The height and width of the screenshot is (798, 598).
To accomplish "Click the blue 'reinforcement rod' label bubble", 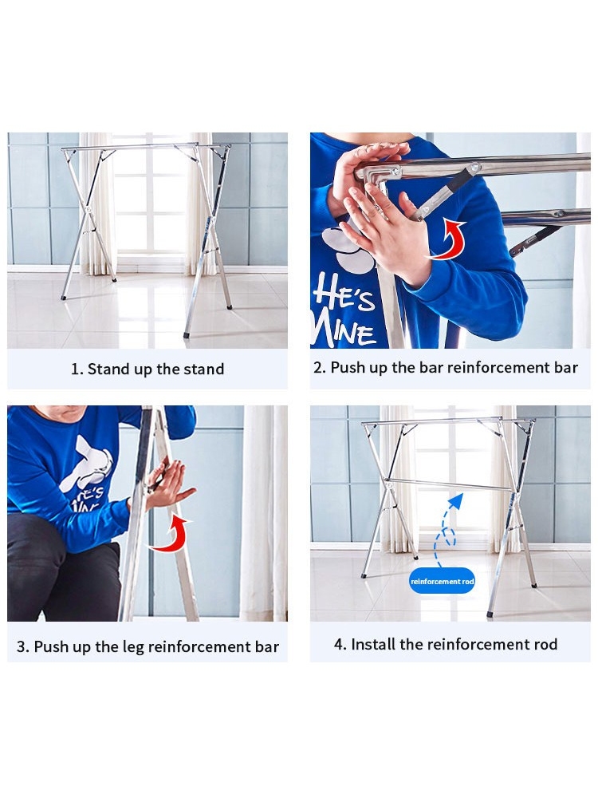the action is (442, 581).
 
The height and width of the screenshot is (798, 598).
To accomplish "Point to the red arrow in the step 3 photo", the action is (173, 535).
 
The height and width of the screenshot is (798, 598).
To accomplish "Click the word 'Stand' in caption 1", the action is (109, 369).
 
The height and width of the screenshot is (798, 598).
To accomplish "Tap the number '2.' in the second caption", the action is (320, 367).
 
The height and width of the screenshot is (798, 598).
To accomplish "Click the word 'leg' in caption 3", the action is (133, 647).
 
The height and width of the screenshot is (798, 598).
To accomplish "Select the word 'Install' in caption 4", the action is (373, 644).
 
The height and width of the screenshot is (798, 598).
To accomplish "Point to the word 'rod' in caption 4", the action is (545, 645).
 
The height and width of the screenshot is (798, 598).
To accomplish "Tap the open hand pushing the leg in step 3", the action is (170, 484).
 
